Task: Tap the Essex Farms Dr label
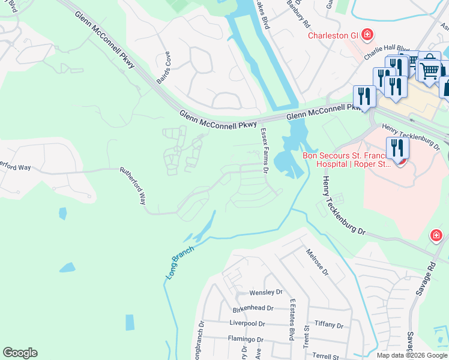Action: [x=264, y=151]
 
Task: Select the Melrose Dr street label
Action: [x=317, y=262]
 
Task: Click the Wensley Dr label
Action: [x=266, y=292]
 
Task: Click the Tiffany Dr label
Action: [x=328, y=325]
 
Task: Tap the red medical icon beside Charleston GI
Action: [x=367, y=35]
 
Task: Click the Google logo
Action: [x=20, y=353]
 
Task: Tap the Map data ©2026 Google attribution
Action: [x=412, y=355]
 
